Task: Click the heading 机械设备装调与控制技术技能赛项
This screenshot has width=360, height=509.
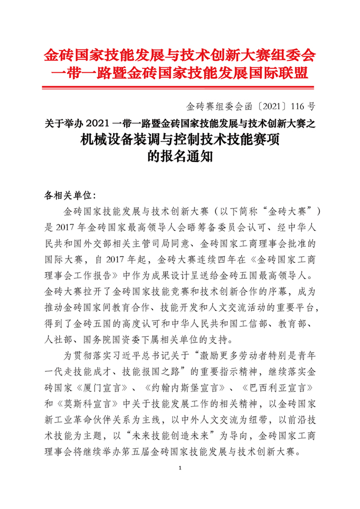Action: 179,139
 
